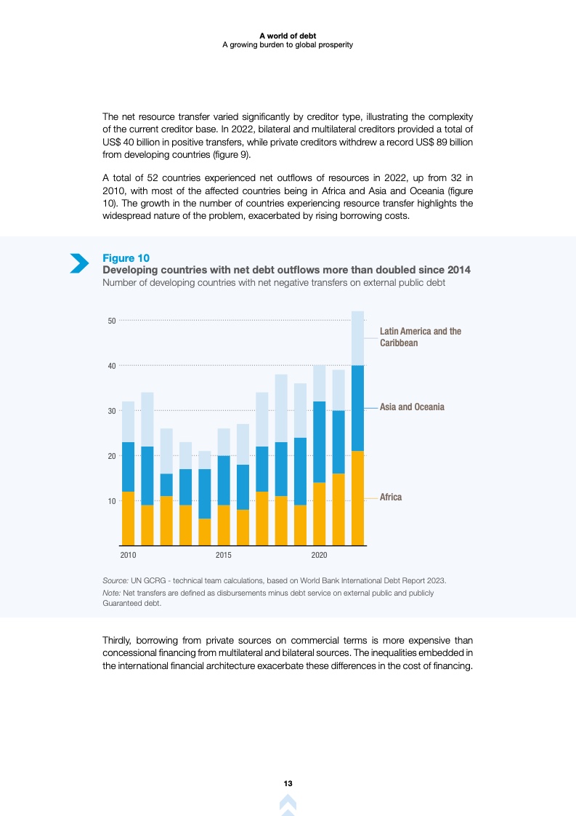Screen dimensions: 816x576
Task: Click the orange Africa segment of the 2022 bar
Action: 357,498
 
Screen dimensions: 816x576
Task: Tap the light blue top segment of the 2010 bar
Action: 128,422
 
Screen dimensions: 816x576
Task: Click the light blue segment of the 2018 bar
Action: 281,408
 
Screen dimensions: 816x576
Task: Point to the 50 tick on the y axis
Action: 112,320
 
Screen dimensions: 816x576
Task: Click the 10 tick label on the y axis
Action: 112,501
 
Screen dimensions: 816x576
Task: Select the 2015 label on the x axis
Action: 224,556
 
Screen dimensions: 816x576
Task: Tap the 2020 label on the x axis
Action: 319,556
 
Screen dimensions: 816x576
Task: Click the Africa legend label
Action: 391,497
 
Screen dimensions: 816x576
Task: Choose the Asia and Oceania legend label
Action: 412,407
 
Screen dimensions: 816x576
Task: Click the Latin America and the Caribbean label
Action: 420,337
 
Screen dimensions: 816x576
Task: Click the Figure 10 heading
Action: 126,258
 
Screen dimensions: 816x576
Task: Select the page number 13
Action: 288,783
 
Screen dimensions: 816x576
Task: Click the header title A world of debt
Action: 287,36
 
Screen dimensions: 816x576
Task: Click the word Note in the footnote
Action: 112,593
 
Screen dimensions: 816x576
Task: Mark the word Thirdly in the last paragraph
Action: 120,641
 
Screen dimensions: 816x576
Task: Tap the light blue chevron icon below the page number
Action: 288,804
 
